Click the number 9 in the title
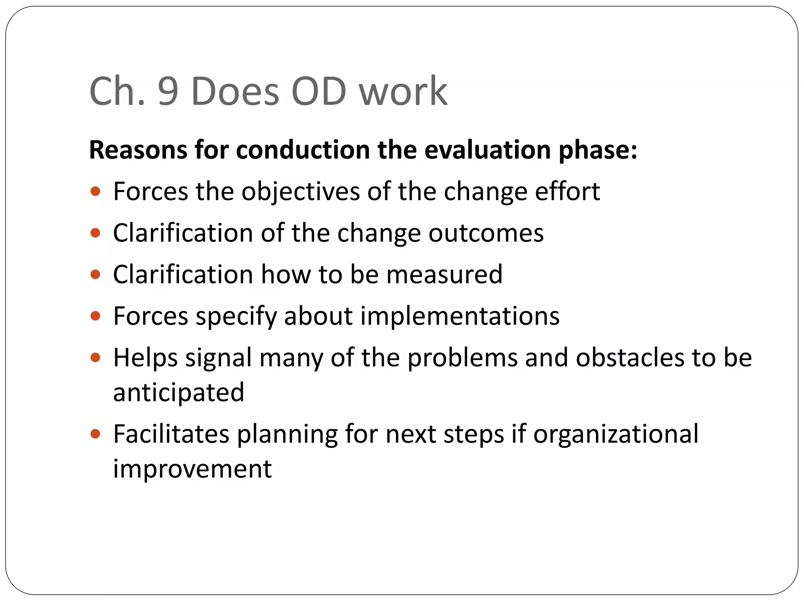point(168,91)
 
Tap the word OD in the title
point(319,91)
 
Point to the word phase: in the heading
point(598,150)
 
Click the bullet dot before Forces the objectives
point(95,192)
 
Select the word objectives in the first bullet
point(300,192)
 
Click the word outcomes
point(486,233)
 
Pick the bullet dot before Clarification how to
point(95,274)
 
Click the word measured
point(444,274)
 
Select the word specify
point(236,316)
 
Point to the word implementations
point(460,316)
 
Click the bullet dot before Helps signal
point(95,358)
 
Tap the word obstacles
point(630,358)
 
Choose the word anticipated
point(179,392)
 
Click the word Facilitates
point(171,434)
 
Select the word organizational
point(616,434)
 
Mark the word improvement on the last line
point(192,469)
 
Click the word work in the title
point(403,91)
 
